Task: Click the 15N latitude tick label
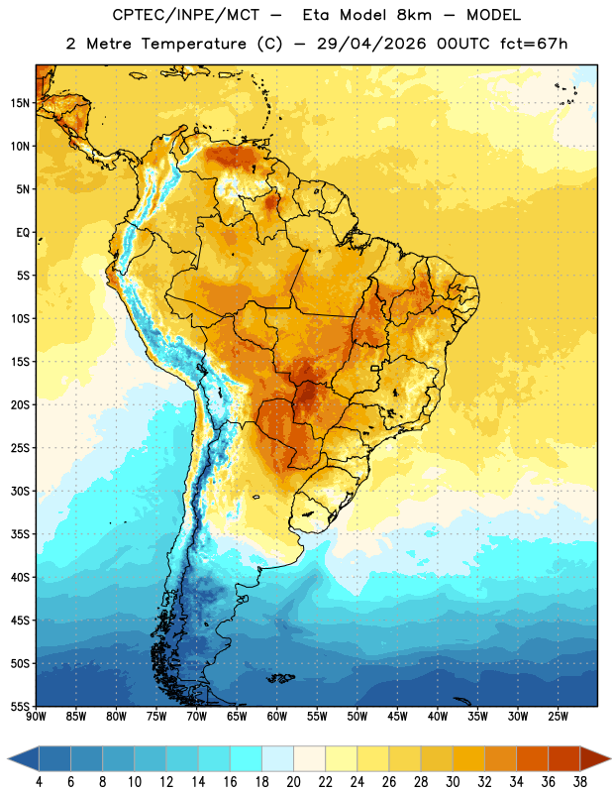pyautogui.click(x=20, y=103)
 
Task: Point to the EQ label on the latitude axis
pyautogui.click(x=23, y=233)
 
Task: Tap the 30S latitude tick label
pyautogui.click(x=20, y=491)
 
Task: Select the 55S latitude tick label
pyautogui.click(x=20, y=706)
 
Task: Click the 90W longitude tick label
pyautogui.click(x=36, y=717)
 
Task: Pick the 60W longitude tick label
pyautogui.click(x=277, y=717)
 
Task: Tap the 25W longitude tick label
pyautogui.click(x=558, y=717)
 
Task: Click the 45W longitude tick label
pyautogui.click(x=397, y=717)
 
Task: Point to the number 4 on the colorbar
pyautogui.click(x=39, y=782)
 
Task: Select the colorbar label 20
pyautogui.click(x=293, y=782)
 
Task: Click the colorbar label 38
pyautogui.click(x=580, y=782)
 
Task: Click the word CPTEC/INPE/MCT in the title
pyautogui.click(x=186, y=15)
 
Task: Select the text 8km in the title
pyautogui.click(x=414, y=15)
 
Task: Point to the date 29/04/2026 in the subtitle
pyautogui.click(x=371, y=44)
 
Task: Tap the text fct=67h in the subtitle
pyautogui.click(x=534, y=44)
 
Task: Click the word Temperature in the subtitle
pyautogui.click(x=193, y=44)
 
